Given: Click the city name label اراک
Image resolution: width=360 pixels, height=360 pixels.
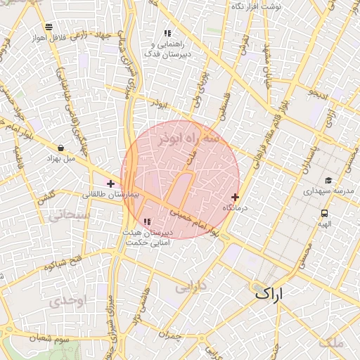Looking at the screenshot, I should [x=270, y=293].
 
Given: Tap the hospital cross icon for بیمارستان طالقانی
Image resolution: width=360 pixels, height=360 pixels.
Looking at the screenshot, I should [x=110, y=184].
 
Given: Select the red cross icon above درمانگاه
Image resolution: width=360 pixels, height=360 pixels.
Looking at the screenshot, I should [x=235, y=197].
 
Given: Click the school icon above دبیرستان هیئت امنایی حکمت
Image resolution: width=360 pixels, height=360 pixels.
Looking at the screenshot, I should [x=146, y=222].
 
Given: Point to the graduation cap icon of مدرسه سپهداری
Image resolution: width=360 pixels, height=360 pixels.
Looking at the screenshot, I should [x=328, y=180].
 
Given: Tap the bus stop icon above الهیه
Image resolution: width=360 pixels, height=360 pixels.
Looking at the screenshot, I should [x=324, y=213].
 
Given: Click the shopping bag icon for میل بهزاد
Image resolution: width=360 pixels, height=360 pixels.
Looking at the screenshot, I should [x=63, y=148].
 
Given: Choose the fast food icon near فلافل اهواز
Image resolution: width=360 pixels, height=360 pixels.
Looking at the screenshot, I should [x=47, y=27].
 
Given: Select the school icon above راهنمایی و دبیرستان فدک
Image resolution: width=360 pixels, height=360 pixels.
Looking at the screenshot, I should [x=167, y=33].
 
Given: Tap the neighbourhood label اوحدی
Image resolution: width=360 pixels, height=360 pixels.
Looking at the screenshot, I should [x=67, y=301].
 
